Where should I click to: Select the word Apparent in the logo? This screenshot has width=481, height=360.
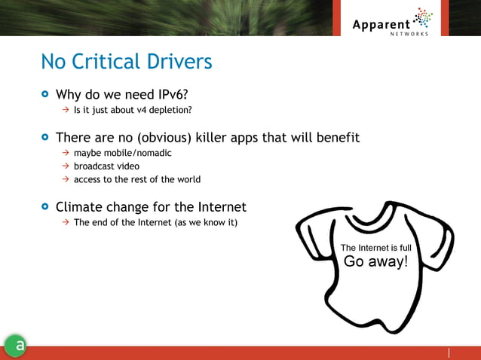tap(381, 24)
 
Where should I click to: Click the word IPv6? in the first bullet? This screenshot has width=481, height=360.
tap(172, 96)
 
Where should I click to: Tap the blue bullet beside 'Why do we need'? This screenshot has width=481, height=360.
tap(45, 96)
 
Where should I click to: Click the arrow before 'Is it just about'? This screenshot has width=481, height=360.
tap(66, 111)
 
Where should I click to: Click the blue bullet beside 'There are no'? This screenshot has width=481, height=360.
tap(45, 138)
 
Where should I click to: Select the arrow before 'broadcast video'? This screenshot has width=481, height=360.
tap(66, 166)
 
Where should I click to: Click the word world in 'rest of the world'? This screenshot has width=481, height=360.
tap(188, 179)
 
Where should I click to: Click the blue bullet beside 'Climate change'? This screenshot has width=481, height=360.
tap(45, 206)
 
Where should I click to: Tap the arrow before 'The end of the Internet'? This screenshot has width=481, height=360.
tap(66, 222)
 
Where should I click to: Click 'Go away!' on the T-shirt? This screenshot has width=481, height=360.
tap(375, 262)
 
